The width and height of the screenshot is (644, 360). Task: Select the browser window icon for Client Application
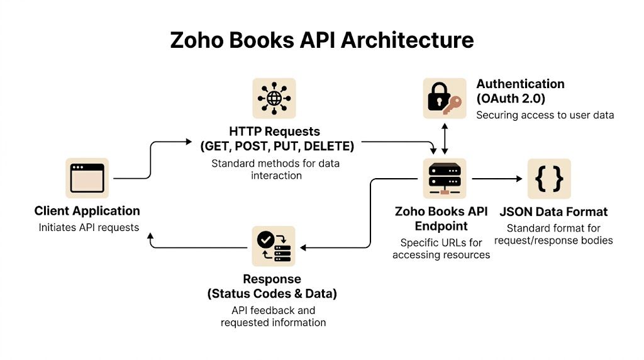click(87, 178)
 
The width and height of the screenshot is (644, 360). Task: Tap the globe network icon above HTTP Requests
click(274, 99)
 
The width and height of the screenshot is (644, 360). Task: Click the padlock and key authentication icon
click(445, 99)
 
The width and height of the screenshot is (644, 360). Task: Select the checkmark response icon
click(274, 247)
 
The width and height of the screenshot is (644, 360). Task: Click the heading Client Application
click(87, 211)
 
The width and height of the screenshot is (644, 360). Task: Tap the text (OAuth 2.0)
click(511, 99)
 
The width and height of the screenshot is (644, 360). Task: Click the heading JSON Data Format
click(553, 211)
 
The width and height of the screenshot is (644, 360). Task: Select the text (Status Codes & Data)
click(272, 293)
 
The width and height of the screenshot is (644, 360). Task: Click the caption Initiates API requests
click(89, 227)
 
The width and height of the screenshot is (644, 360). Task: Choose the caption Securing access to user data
click(545, 115)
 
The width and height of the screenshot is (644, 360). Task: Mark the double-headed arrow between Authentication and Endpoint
click(445, 138)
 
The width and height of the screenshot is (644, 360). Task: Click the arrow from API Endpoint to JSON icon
click(497, 179)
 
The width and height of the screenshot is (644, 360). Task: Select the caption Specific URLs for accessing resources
click(441, 249)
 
